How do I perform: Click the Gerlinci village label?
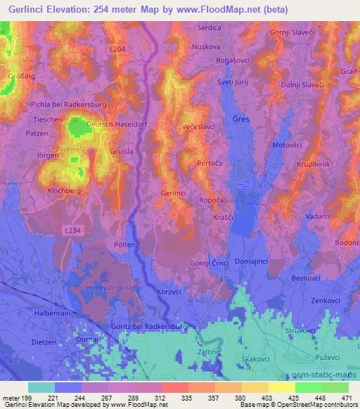[174, 193]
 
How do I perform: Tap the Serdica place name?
[209, 28]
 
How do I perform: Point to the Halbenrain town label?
[53, 313]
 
